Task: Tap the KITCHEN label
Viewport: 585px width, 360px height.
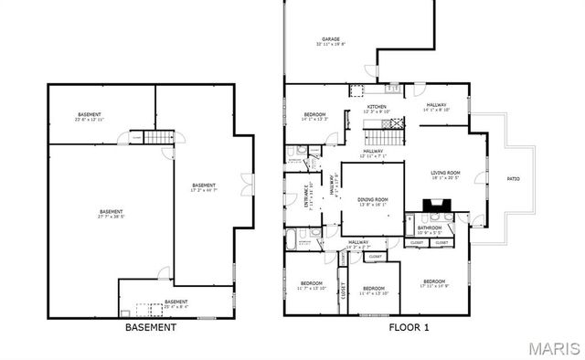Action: point(377,108)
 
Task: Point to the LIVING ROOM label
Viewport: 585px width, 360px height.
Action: point(445,174)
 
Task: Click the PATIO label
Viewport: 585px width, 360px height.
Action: point(514,178)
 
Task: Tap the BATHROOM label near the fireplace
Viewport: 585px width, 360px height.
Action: point(430,228)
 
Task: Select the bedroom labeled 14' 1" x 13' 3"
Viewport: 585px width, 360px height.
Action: point(314,116)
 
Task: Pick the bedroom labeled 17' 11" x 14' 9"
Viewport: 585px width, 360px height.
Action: point(433,282)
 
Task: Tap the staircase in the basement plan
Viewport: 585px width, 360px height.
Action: point(161,137)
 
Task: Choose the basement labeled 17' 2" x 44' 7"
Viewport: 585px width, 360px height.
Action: point(203,187)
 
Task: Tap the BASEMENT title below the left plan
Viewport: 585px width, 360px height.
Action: point(150,327)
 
